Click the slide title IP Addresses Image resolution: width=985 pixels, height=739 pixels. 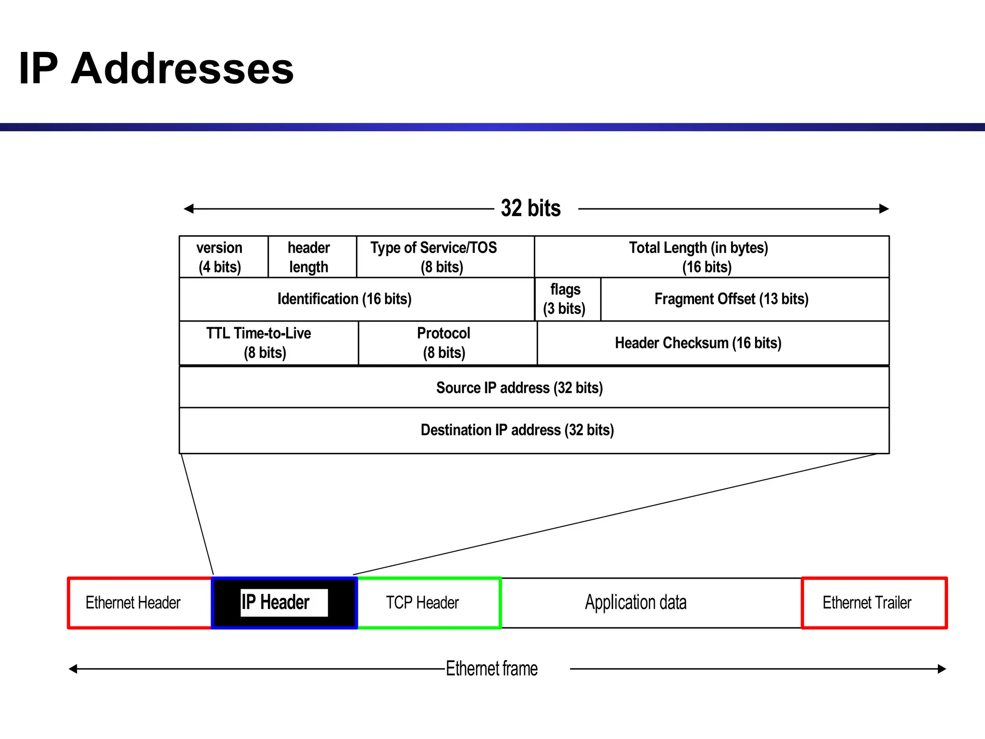pyautogui.click(x=156, y=68)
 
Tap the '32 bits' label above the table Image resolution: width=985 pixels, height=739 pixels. pyautogui.click(x=530, y=208)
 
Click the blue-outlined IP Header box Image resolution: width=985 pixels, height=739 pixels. pyautogui.click(x=284, y=603)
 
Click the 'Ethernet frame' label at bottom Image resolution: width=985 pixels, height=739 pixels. pyautogui.click(x=492, y=669)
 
